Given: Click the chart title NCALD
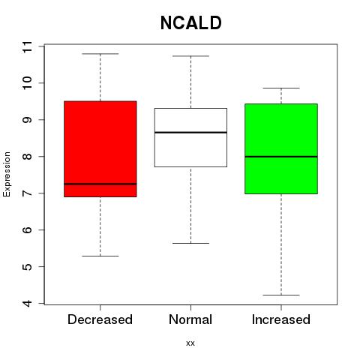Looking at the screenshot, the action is [x=190, y=23].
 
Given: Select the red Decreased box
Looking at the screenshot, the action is [x=100, y=149].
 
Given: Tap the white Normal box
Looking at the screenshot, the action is [x=190, y=137].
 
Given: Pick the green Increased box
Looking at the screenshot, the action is [x=281, y=148].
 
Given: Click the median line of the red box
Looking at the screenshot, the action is [x=100, y=184].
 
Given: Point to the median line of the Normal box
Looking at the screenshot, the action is [x=190, y=132].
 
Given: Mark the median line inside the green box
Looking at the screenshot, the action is [x=281, y=157].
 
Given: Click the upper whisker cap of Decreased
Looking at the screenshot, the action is [x=100, y=54].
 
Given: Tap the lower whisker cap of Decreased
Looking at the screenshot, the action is [x=100, y=256].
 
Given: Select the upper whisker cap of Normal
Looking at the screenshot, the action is [x=190, y=56].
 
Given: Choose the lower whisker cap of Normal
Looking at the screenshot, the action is [x=190, y=243].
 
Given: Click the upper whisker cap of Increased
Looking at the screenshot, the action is [x=281, y=88].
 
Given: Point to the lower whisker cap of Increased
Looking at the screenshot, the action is [x=281, y=295].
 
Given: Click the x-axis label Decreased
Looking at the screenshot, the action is [x=100, y=319].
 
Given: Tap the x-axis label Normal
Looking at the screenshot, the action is [x=190, y=319].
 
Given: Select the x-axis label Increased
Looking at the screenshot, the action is [x=281, y=319].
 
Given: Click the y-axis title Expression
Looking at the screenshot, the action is [x=7, y=174].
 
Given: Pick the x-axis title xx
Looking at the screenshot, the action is [x=190, y=343].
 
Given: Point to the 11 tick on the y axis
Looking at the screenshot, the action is [x=27, y=46].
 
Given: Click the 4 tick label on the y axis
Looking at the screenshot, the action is [x=27, y=303].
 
